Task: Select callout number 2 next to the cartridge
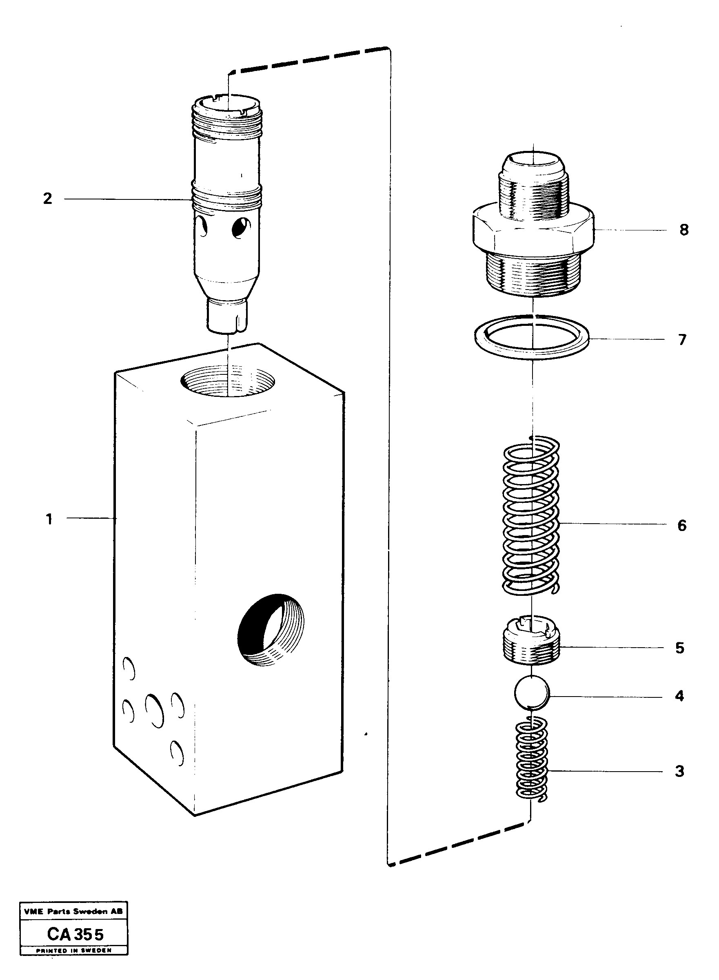click(47, 199)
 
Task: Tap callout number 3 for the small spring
click(679, 771)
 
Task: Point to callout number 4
click(679, 697)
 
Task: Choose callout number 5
click(680, 648)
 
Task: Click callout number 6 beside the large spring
click(681, 525)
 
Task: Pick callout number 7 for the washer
click(682, 339)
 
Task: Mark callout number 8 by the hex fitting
click(684, 230)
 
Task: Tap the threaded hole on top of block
click(228, 381)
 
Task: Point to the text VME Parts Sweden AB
click(73, 911)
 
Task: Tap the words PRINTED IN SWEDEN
click(73, 949)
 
